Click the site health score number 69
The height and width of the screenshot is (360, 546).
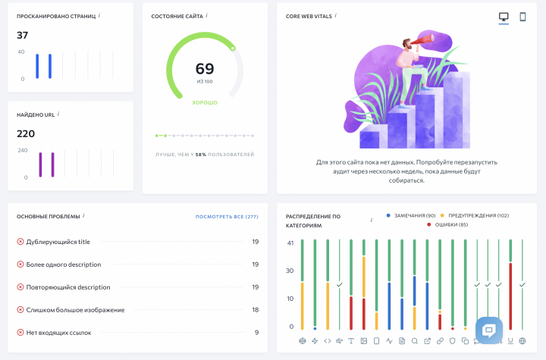click(x=205, y=68)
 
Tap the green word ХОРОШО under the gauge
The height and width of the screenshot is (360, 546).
click(x=205, y=103)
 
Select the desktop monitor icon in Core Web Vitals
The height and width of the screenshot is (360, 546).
click(x=504, y=17)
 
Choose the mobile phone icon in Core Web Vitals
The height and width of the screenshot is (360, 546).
click(x=522, y=17)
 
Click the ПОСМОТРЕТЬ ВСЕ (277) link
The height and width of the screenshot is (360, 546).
click(x=227, y=217)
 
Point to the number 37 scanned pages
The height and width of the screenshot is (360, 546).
click(x=22, y=35)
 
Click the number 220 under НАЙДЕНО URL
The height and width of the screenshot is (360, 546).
click(x=26, y=133)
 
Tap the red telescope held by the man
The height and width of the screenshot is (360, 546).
click(x=422, y=39)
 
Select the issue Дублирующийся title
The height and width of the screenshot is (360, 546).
click(x=58, y=242)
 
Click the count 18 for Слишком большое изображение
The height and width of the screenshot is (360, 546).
click(x=256, y=310)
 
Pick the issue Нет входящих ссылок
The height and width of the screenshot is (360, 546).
click(x=58, y=333)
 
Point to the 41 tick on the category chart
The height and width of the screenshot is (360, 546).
click(x=290, y=243)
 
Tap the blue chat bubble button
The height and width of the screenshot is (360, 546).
click(x=489, y=330)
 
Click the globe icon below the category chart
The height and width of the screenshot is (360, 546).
click(x=522, y=341)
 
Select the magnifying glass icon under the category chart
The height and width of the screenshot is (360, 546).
click(x=414, y=341)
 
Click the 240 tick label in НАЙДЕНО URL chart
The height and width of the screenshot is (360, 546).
click(x=23, y=150)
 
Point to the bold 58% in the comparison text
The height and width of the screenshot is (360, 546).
click(x=200, y=155)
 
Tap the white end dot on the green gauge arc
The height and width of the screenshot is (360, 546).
click(x=233, y=49)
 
